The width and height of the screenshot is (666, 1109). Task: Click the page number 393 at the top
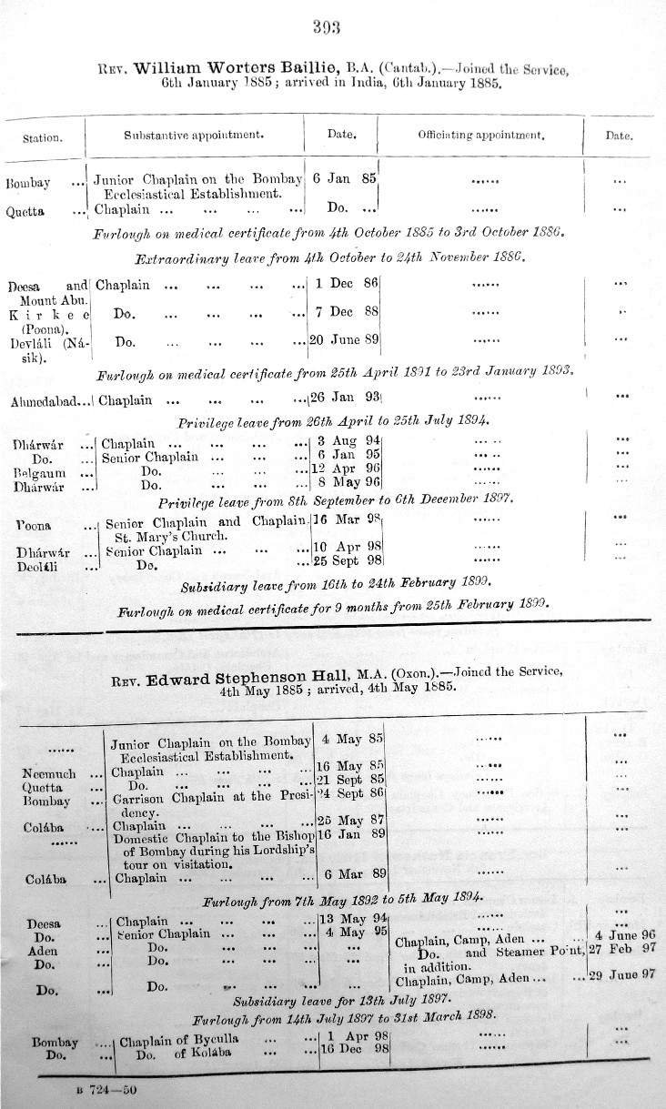click(326, 26)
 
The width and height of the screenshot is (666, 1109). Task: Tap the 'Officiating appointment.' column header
click(480, 136)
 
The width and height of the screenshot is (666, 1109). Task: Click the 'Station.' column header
click(43, 138)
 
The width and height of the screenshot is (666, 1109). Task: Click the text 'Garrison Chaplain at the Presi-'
click(210, 795)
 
